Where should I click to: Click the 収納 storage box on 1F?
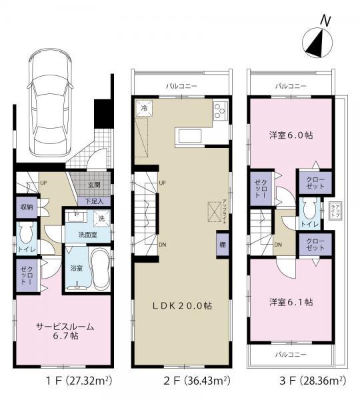point(26,207)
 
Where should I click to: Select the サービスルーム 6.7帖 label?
point(65,331)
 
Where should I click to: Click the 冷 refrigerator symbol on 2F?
point(143,108)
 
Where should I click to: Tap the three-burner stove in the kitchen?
point(221,111)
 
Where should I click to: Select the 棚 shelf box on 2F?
point(221,244)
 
